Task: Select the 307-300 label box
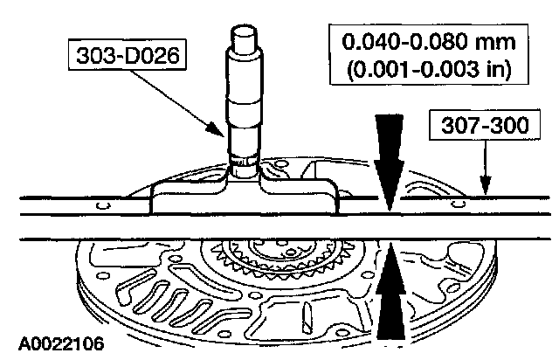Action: (480, 128)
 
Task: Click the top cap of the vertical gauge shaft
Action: (242, 39)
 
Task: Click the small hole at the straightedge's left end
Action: (103, 206)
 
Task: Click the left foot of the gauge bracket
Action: (170, 201)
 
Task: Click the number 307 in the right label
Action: (456, 128)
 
